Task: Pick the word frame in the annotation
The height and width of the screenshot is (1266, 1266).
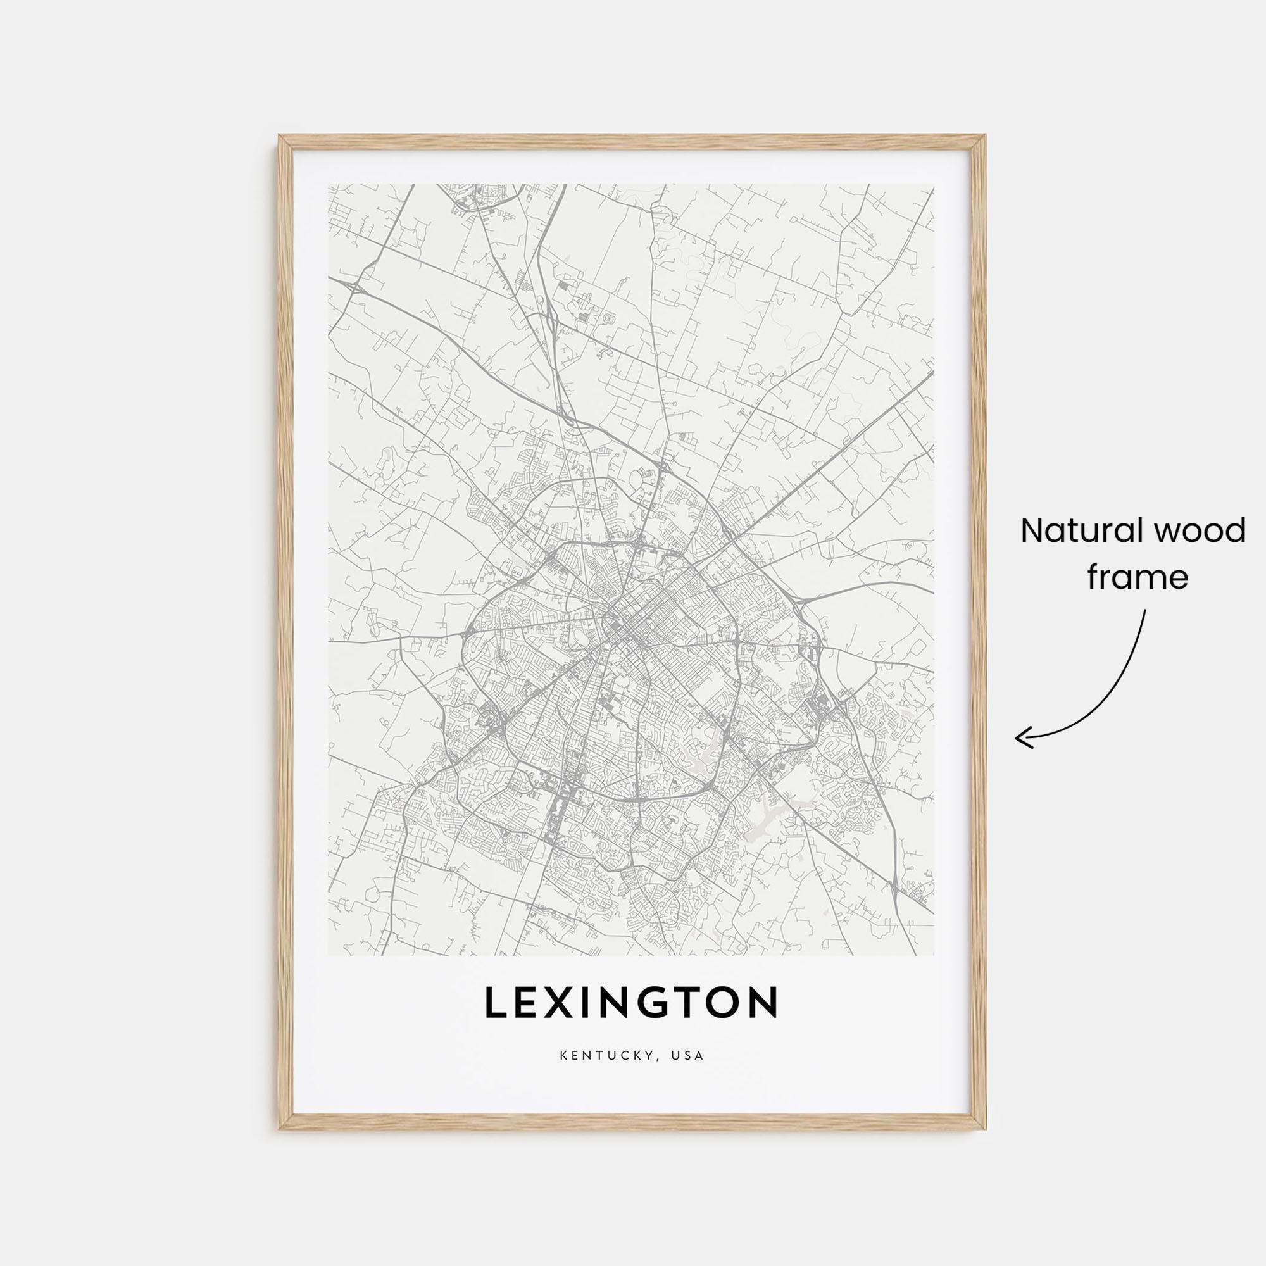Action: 1138,578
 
